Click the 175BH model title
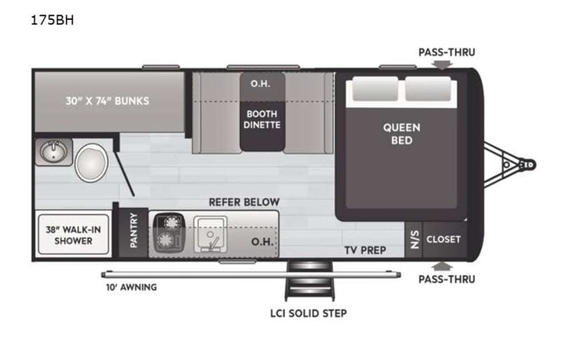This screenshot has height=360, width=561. pos(52,20)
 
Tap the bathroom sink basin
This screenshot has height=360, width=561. pos(54,152)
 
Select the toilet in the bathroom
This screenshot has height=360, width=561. pos(91,163)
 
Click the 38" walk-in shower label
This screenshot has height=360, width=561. pos(74,235)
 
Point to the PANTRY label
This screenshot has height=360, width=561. pos(134,230)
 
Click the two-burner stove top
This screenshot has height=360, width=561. pos(169,233)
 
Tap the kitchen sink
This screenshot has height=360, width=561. pos(210,234)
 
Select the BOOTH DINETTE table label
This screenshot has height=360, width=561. pos(262,119)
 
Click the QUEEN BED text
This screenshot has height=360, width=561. pos(401,134)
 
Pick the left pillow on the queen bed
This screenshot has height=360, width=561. pos(375,89)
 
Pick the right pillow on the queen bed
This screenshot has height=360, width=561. pos(428,89)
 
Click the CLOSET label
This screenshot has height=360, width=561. pos(444,239)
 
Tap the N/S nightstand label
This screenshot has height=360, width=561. pos(414,239)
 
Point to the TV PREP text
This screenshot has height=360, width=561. pos(365,250)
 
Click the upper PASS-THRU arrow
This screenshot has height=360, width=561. pos(442,64)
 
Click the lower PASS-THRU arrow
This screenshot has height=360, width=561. pos(442,266)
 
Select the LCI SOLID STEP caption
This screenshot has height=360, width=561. pos(309,313)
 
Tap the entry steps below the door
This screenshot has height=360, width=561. pos(309,281)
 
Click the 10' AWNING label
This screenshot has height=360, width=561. pos(131,287)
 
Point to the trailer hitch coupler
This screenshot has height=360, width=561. pos(528,164)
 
